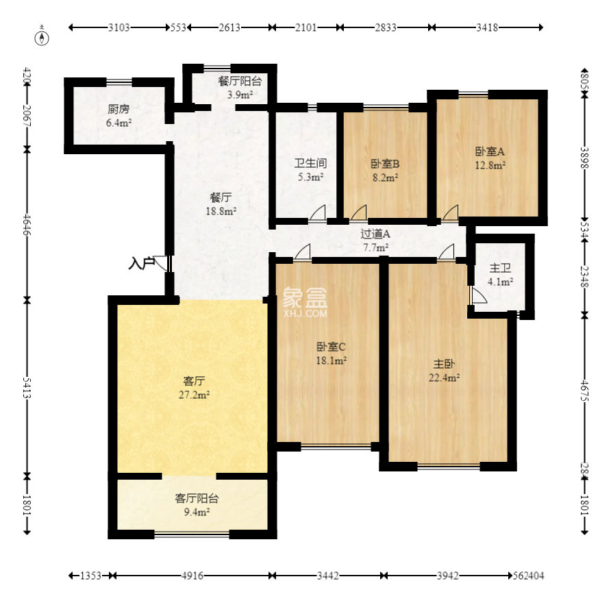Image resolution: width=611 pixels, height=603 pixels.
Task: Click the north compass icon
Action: click(x=42, y=38)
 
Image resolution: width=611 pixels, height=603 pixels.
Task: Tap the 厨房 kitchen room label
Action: click(x=119, y=109)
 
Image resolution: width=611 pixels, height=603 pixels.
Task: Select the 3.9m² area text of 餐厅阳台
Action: click(x=240, y=95)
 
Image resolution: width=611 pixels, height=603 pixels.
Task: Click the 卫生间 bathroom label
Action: click(x=310, y=163)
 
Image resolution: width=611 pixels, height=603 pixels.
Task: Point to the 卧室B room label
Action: click(x=384, y=164)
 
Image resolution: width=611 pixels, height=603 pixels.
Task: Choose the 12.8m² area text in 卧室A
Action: click(x=490, y=165)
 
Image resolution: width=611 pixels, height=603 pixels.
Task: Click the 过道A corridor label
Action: click(x=375, y=234)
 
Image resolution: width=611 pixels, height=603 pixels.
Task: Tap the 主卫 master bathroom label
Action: click(x=500, y=268)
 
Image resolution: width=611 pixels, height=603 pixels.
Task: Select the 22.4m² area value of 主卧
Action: click(x=444, y=378)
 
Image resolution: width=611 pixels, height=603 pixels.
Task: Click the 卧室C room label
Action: click(x=330, y=347)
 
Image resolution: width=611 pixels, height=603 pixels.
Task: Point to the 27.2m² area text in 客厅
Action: click(x=194, y=395)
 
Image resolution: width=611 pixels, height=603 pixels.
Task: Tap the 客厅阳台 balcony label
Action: click(x=197, y=497)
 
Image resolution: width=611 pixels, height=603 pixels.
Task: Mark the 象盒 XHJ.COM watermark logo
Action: click(x=305, y=302)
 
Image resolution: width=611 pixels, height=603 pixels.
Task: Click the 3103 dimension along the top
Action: click(x=119, y=27)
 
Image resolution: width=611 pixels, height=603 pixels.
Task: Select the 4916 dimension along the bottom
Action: click(x=192, y=576)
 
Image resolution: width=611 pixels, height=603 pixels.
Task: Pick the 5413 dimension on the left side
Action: click(x=27, y=387)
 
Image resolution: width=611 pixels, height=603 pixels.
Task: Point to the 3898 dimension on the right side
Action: click(x=584, y=158)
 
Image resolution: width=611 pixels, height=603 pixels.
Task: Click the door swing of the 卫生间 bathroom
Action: click(x=318, y=213)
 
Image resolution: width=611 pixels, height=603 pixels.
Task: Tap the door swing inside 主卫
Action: click(x=479, y=295)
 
